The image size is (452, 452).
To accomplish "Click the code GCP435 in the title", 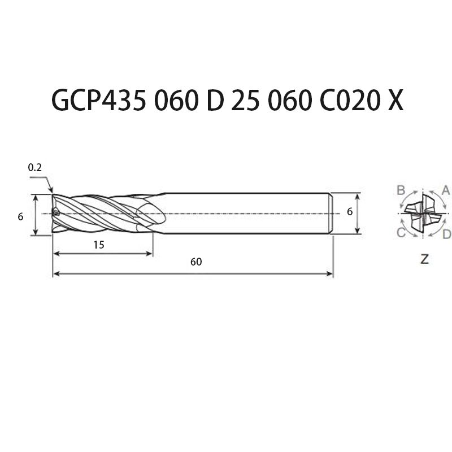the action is tap(98, 101).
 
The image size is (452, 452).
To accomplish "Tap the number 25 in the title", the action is tap(245, 101).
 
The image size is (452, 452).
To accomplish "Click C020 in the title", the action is tap(349, 101).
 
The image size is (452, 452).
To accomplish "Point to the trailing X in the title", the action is tap(395, 101).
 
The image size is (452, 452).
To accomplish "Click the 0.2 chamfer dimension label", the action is tap(35, 167).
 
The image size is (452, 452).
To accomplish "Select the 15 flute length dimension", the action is tap(99, 245).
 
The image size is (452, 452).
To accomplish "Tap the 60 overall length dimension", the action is tap(196, 262).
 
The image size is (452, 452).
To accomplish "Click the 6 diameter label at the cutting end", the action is tap(20, 216).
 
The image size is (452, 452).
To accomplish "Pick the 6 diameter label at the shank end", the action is tap(350, 212).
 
